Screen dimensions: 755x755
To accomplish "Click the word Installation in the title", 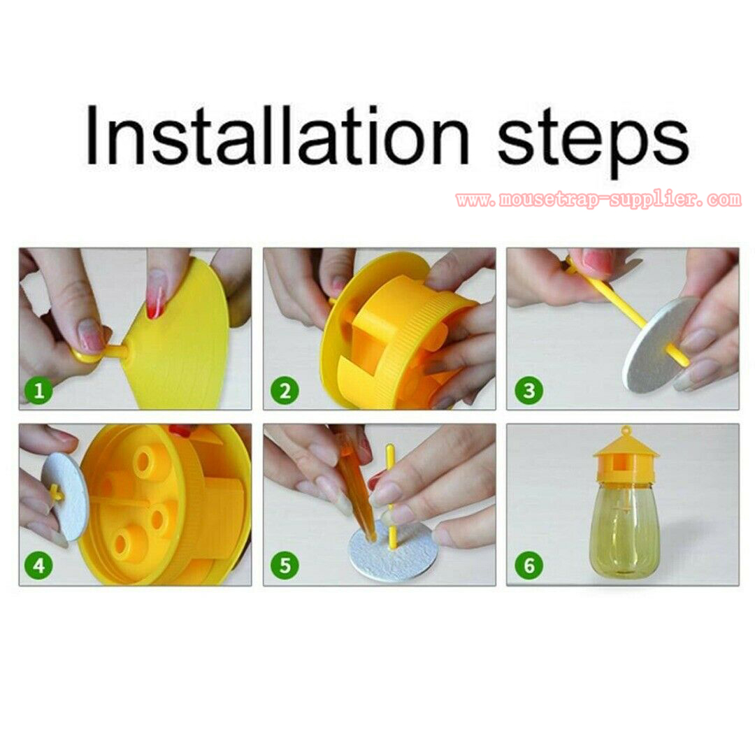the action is [x=276, y=136].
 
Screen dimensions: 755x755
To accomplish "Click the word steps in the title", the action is [x=593, y=141].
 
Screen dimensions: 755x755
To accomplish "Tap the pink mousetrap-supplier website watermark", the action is [x=598, y=199].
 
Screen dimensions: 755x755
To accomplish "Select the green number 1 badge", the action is [x=39, y=390].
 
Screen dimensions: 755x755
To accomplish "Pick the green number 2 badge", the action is [x=285, y=390].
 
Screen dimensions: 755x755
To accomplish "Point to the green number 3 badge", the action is [x=528, y=390].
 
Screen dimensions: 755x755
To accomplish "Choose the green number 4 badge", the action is [x=39, y=566].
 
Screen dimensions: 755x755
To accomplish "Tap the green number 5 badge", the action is [x=285, y=566].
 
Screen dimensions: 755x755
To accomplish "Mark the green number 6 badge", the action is [x=528, y=566].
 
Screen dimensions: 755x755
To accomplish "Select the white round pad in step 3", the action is [x=661, y=342].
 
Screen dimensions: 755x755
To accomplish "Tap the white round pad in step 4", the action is [x=66, y=497].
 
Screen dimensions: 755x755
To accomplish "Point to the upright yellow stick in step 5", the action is [x=391, y=496].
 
